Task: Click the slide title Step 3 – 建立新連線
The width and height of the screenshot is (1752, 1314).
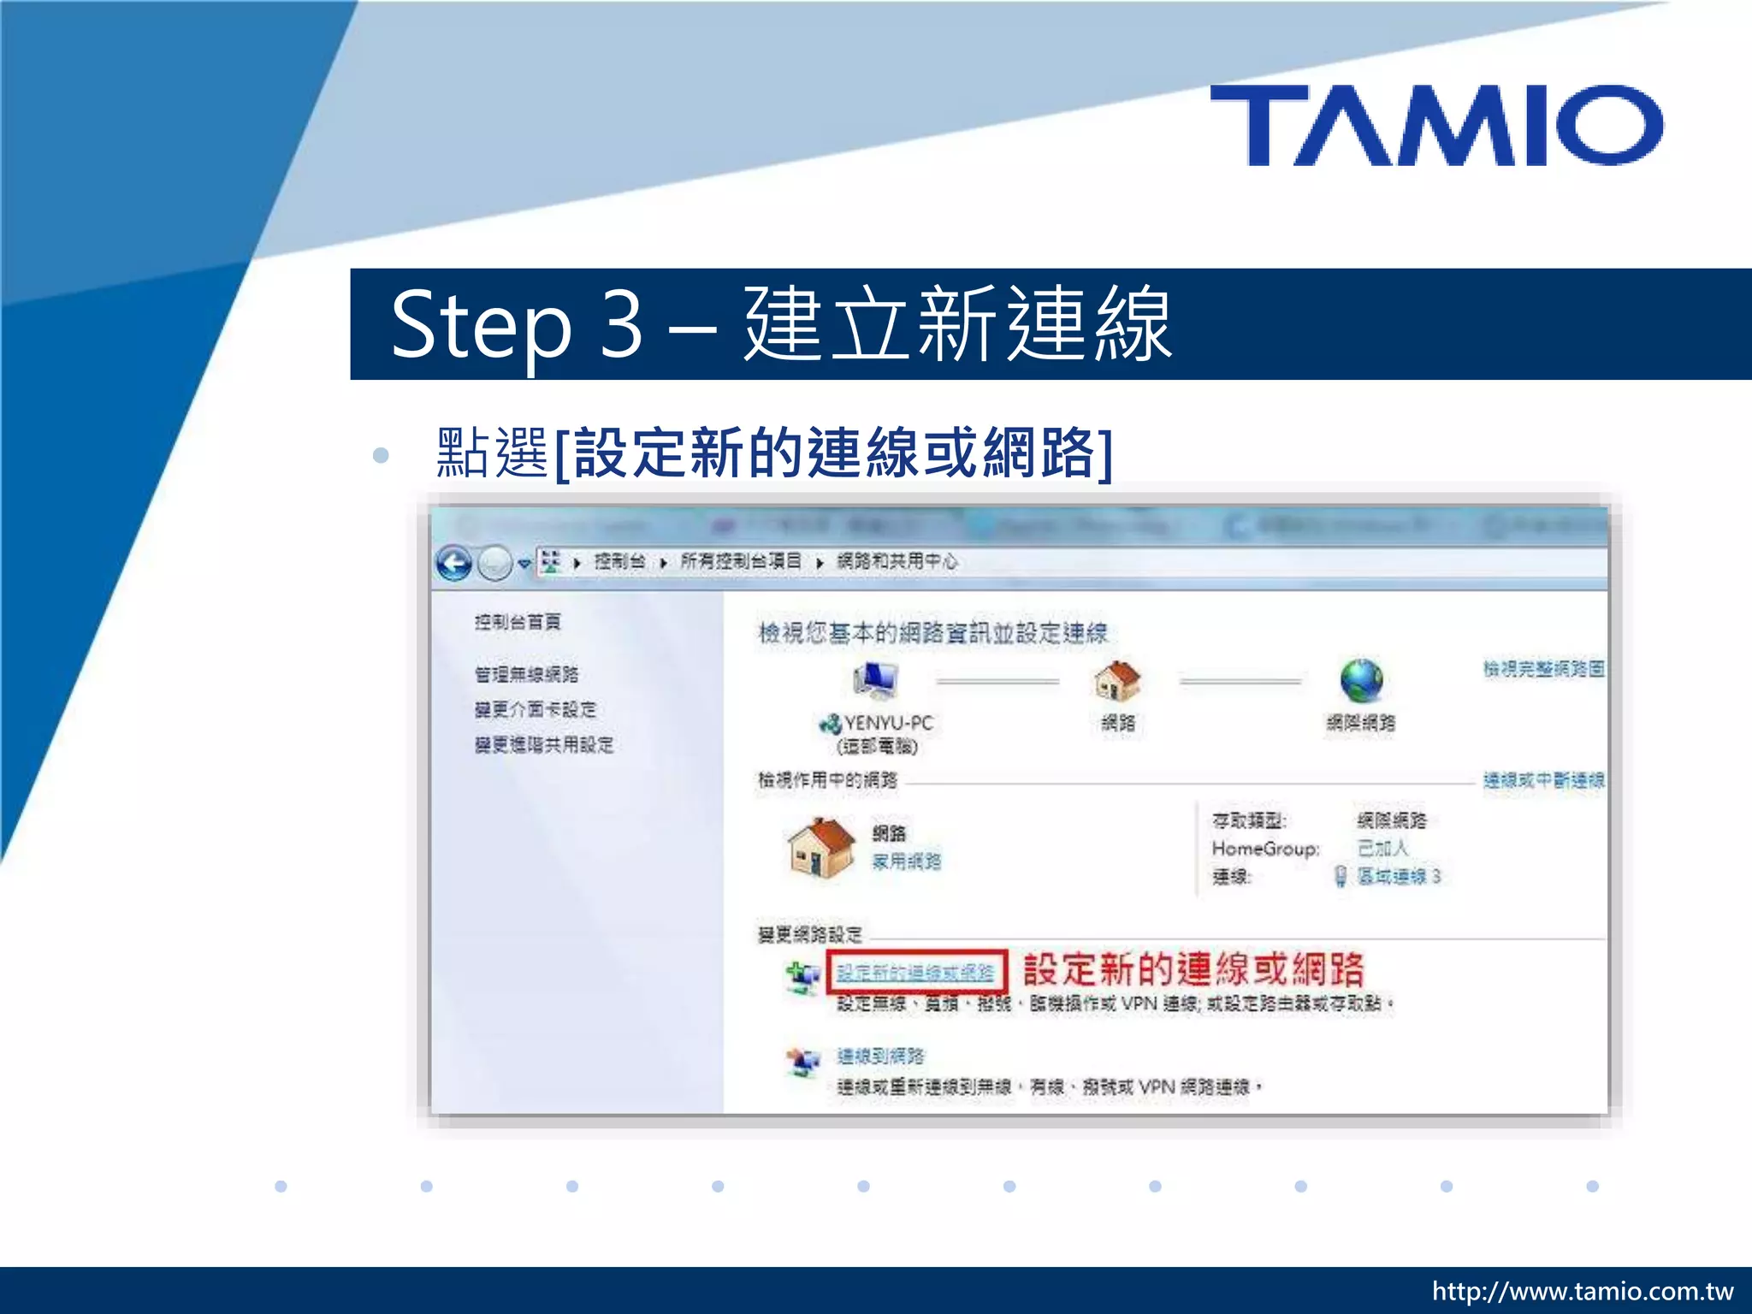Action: pyautogui.click(x=780, y=324)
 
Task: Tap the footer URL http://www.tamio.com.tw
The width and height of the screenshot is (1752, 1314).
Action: pyautogui.click(x=1582, y=1291)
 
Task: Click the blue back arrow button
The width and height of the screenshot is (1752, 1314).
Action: pyautogui.click(x=453, y=563)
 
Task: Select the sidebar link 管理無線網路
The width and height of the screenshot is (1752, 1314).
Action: pyautogui.click(x=526, y=674)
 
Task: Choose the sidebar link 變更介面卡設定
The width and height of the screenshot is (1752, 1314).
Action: pyautogui.click(x=536, y=709)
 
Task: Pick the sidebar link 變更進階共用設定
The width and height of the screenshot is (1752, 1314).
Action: pyautogui.click(x=544, y=744)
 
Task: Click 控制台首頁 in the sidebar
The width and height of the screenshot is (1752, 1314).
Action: pyautogui.click(x=518, y=622)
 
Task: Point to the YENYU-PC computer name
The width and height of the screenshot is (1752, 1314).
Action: pyautogui.click(x=888, y=723)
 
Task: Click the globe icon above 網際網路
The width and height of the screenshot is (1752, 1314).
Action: pyautogui.click(x=1361, y=681)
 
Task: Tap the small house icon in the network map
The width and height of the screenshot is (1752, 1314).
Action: pyautogui.click(x=1117, y=681)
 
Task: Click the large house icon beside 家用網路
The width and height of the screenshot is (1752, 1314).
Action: pyautogui.click(x=820, y=847)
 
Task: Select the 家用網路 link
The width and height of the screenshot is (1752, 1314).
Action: pyautogui.click(x=906, y=861)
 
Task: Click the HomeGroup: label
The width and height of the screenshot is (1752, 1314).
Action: pyautogui.click(x=1265, y=849)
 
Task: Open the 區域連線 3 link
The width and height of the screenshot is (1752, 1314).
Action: pyautogui.click(x=1399, y=876)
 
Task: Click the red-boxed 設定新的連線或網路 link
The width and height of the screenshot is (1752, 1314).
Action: pyautogui.click(x=915, y=973)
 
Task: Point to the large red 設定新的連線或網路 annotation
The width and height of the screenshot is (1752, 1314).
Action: pyautogui.click(x=1193, y=969)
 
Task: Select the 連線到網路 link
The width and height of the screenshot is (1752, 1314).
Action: pyautogui.click(x=880, y=1057)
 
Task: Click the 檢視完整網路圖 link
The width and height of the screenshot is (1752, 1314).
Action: pyautogui.click(x=1543, y=668)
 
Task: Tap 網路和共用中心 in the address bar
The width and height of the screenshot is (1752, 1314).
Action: pyautogui.click(x=897, y=561)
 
